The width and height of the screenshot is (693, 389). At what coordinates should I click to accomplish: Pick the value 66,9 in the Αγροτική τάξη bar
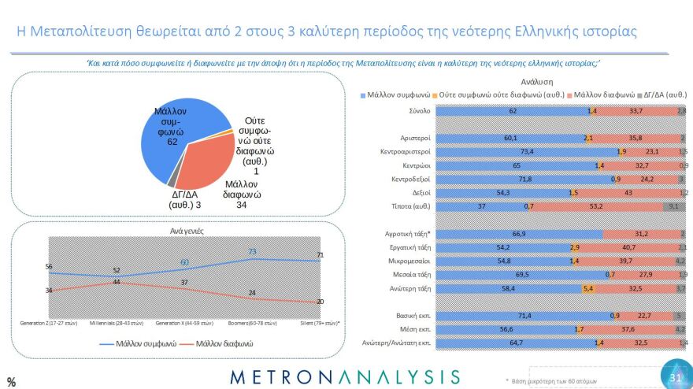pos(518,234)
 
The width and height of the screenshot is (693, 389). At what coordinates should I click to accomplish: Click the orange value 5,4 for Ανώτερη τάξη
pos(587,289)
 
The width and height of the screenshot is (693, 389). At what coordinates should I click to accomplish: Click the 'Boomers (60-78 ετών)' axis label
pos(254,323)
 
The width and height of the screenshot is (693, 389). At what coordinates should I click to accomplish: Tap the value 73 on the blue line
pos(254,252)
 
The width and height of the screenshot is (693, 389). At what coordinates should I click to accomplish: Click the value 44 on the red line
pos(116,282)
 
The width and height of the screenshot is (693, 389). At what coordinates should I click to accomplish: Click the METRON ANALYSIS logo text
pos(345,376)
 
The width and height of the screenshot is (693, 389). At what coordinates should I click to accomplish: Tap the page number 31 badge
pos(675,376)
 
